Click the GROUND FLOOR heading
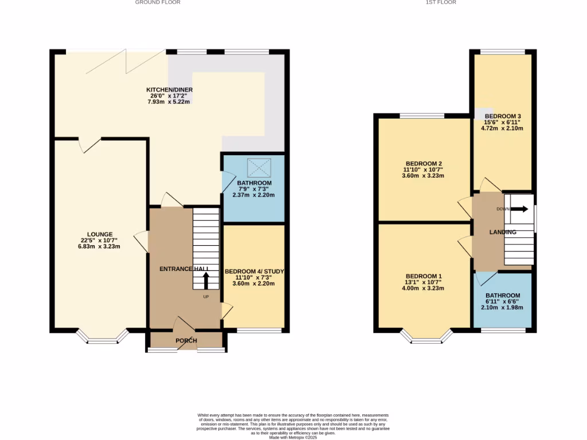158,2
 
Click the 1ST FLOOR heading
440,2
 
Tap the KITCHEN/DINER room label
169,90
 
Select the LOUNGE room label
100,234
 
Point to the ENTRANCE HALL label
184,269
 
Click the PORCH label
186,341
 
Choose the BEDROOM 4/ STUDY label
254,271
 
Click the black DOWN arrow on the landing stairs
519,209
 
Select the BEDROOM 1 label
424,276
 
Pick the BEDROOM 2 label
424,164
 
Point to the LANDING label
502,232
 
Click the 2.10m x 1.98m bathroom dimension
502,308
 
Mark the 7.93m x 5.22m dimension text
169,102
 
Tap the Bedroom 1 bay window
425,339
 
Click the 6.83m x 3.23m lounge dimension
100,246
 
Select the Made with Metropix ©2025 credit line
293,437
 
